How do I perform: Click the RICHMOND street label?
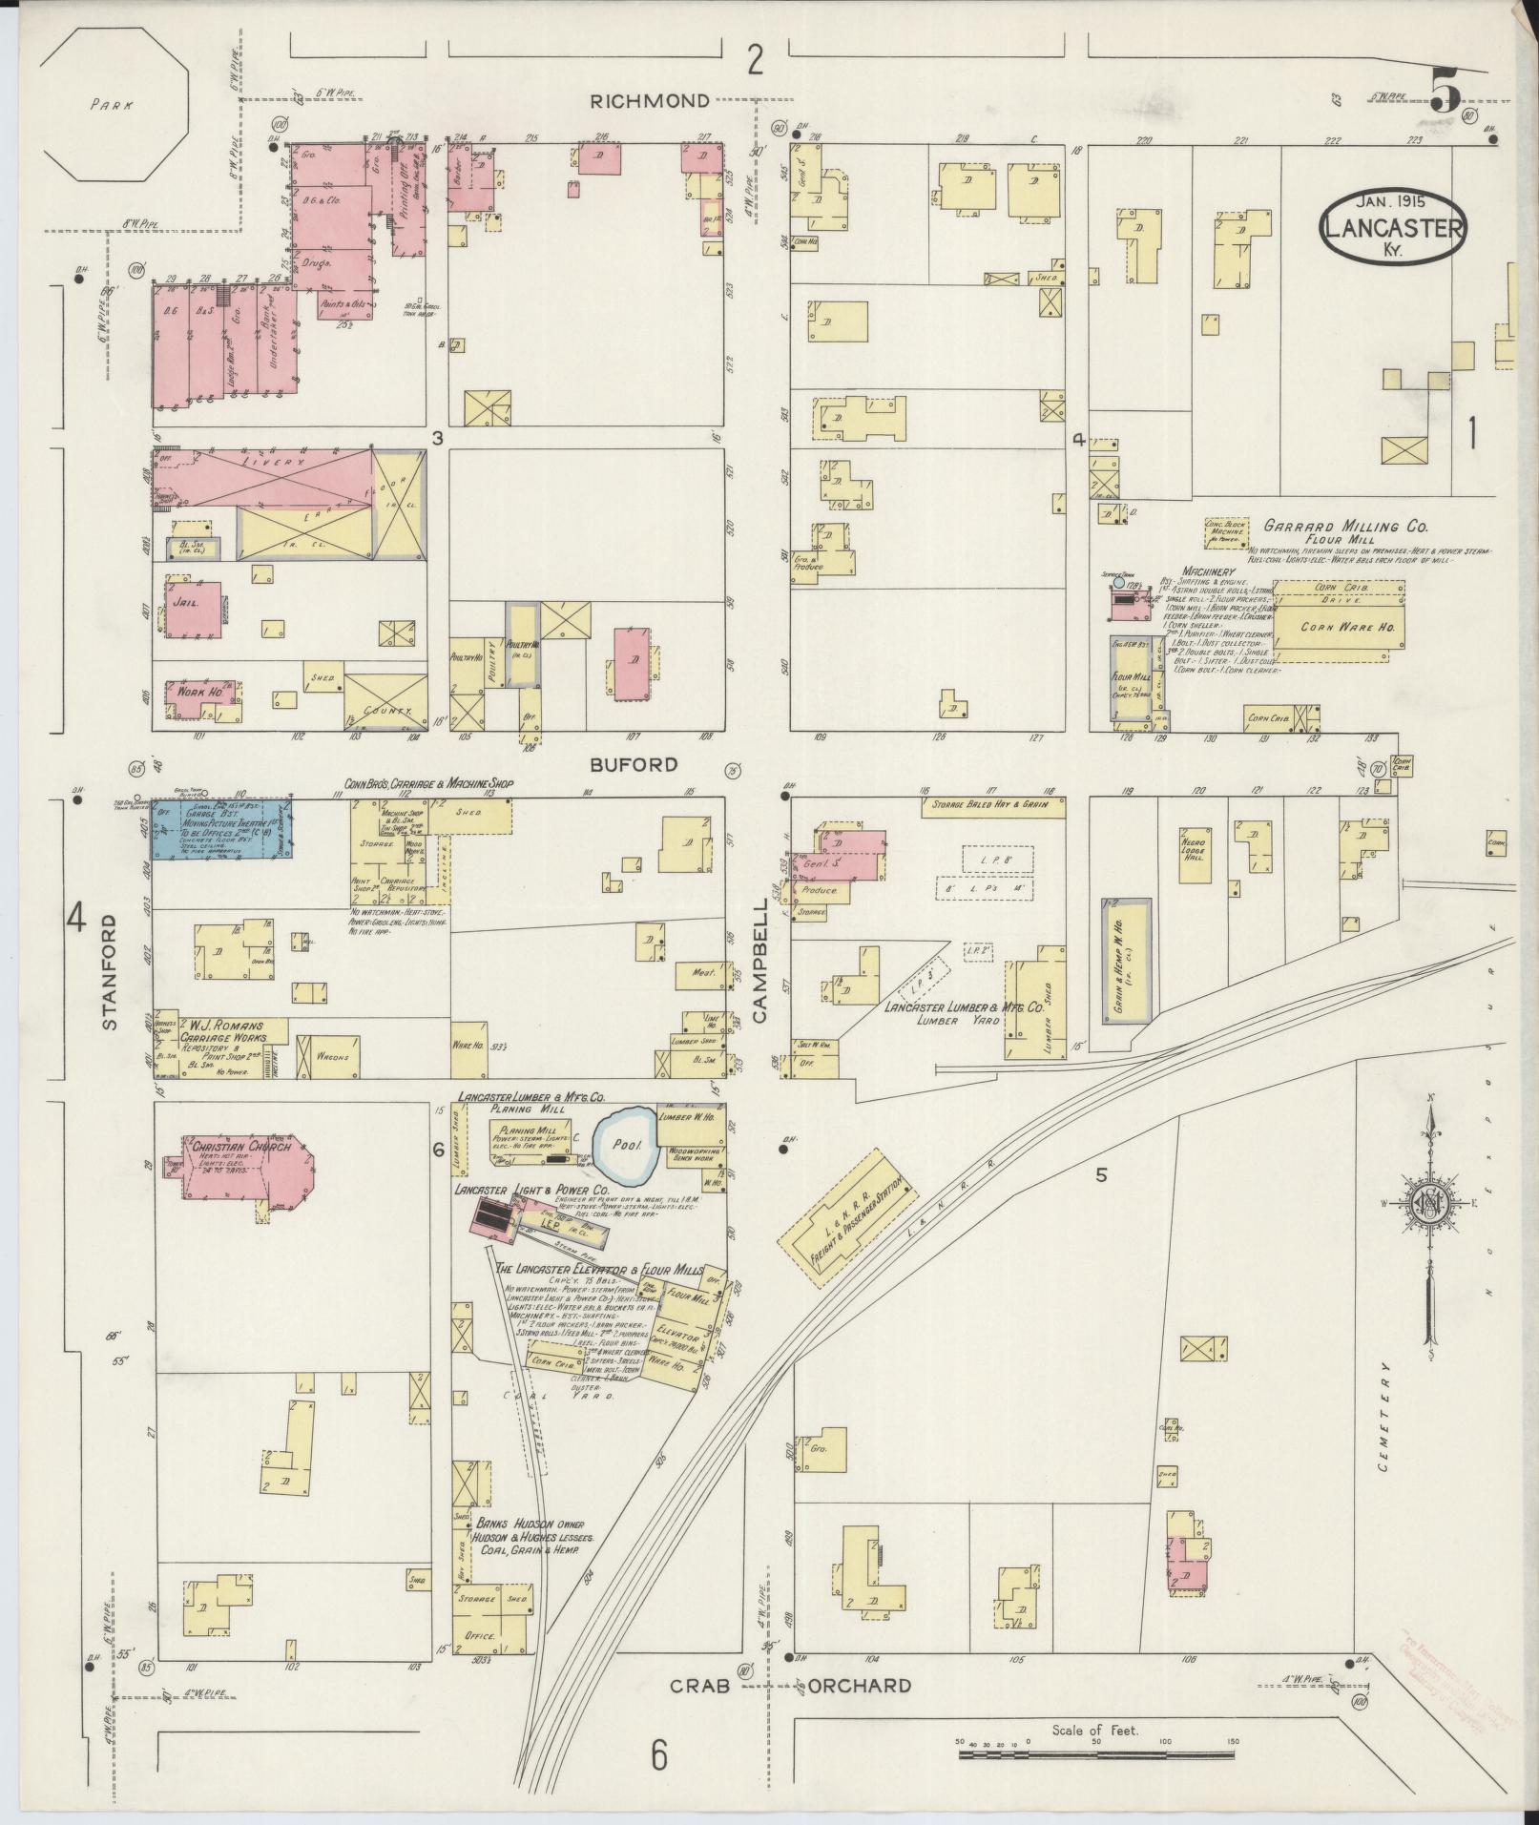649,100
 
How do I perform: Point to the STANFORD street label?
108,972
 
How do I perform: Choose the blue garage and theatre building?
223,829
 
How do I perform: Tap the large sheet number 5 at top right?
1445,93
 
